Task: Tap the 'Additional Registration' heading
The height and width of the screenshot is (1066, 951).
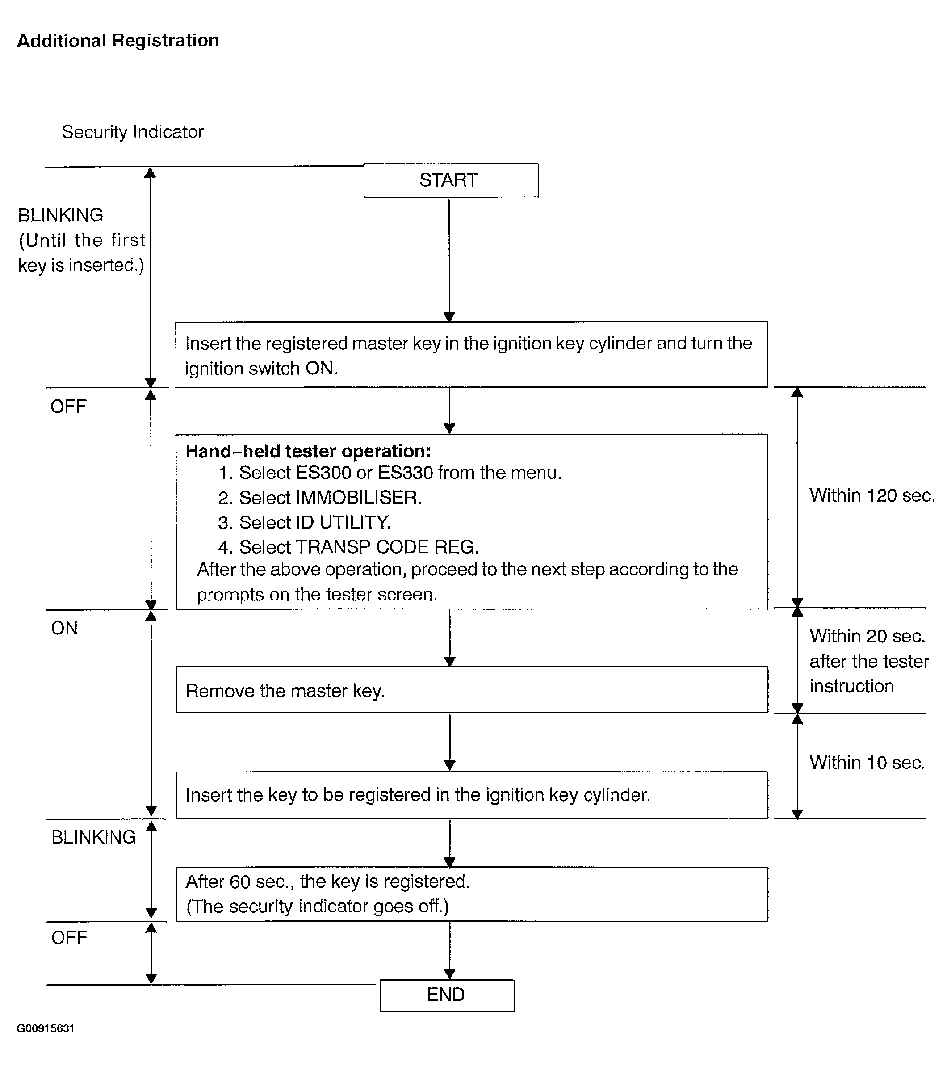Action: point(118,41)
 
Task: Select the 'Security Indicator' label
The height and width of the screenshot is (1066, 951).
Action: point(133,132)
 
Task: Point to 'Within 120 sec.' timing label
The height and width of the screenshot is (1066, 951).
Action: point(872,495)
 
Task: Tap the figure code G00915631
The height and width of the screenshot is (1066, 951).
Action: point(46,1028)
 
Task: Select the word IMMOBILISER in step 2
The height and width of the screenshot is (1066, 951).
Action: point(358,497)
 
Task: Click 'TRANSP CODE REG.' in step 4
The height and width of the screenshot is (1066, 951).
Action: point(387,547)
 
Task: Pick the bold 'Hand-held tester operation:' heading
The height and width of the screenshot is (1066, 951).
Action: point(308,452)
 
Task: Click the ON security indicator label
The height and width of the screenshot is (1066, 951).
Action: point(64,628)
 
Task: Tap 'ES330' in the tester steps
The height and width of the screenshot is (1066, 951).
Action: point(406,473)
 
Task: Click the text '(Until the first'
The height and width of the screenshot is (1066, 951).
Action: point(82,240)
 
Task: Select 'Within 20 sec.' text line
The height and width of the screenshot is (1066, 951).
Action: point(867,636)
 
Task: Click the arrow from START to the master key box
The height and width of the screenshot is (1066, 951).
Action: point(449,260)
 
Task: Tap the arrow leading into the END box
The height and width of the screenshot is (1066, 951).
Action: point(449,951)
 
